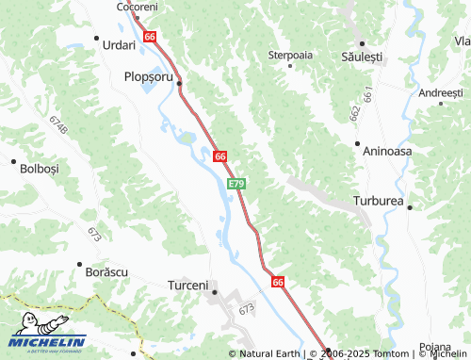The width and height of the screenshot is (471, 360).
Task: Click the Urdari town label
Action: click(x=120, y=44)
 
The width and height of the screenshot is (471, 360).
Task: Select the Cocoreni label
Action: click(x=137, y=7)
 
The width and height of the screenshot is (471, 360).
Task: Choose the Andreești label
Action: click(x=441, y=93)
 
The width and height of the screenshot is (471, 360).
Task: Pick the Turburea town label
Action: click(x=378, y=202)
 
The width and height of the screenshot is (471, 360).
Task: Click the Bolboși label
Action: click(x=39, y=169)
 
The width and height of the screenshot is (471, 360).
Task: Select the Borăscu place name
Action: click(x=106, y=271)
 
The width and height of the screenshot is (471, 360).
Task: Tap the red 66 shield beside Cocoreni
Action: click(x=150, y=36)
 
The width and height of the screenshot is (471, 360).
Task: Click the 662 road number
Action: click(x=354, y=111)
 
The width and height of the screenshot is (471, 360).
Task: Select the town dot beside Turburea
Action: click(x=410, y=207)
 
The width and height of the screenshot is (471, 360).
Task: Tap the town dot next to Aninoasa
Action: click(x=357, y=144)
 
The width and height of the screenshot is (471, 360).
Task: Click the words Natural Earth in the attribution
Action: click(x=270, y=354)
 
